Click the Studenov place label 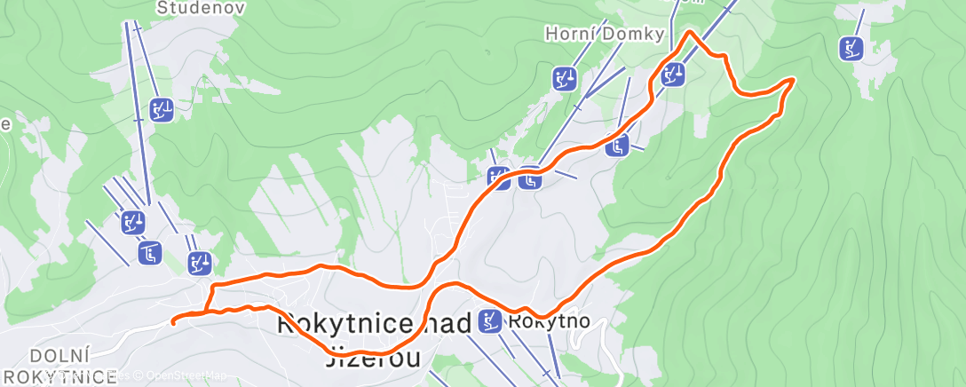point(188,8)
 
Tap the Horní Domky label point(604,35)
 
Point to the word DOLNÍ point(58,356)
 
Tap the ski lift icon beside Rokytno point(489,320)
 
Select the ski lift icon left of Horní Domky point(564,78)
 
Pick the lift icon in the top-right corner point(851,48)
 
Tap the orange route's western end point point(172,321)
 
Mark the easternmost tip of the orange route point(792,80)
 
